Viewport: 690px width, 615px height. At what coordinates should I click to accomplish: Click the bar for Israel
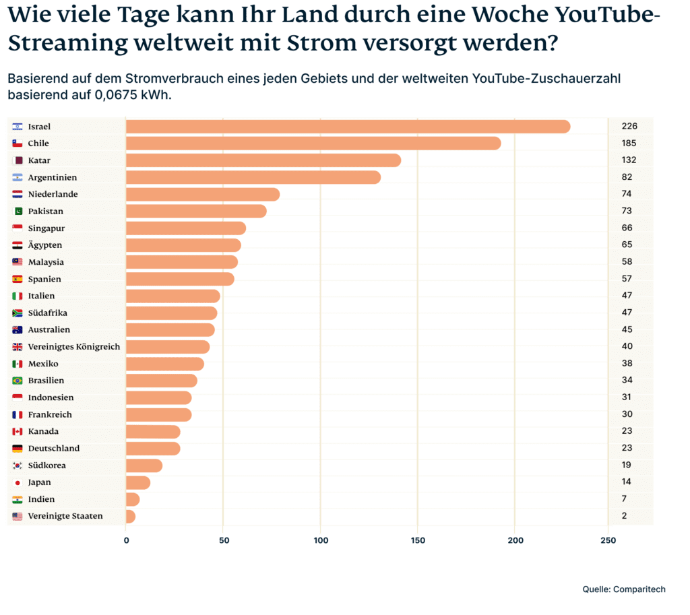point(348,127)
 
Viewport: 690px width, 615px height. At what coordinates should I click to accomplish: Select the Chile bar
point(313,143)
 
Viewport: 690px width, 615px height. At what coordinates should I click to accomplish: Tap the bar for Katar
point(263,160)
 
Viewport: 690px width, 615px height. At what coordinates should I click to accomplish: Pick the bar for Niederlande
point(203,195)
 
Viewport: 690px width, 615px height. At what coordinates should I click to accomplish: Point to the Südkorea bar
point(144,465)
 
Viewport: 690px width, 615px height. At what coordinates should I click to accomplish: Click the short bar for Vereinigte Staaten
point(131,517)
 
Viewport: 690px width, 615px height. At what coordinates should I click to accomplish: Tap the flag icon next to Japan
point(18,482)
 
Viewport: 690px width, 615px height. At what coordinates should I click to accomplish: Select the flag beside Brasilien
point(18,381)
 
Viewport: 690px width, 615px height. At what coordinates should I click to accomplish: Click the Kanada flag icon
point(18,432)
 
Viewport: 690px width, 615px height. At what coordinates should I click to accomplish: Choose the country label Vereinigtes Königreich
point(74,347)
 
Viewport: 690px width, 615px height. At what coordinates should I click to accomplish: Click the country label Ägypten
point(45,245)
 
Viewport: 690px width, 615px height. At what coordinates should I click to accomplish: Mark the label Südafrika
point(48,313)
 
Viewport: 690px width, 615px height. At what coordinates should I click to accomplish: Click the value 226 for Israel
point(629,126)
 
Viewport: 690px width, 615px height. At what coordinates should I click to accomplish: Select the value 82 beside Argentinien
point(627,177)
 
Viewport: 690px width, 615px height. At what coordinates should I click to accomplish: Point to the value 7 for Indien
point(625,499)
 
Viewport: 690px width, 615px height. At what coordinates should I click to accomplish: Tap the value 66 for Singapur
point(627,228)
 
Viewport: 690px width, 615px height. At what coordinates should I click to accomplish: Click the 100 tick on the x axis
point(321,541)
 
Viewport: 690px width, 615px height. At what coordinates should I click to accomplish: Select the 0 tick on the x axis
point(126,541)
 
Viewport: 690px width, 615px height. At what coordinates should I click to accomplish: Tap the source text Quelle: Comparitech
point(624,589)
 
